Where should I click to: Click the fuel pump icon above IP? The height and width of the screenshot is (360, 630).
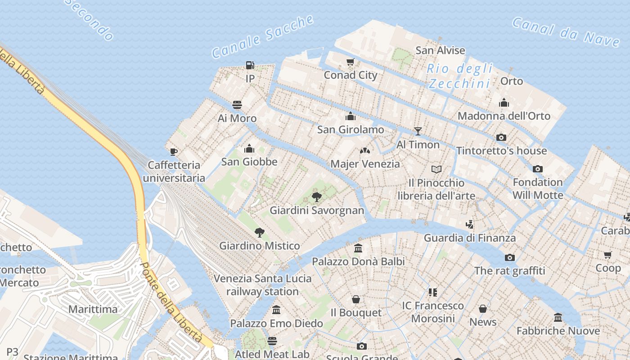point(250,65)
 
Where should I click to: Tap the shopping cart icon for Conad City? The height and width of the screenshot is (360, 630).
point(351,62)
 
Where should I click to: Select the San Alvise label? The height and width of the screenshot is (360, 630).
point(440,50)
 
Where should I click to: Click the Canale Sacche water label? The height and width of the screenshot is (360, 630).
point(263,36)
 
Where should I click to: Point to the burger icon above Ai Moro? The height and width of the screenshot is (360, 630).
point(237,105)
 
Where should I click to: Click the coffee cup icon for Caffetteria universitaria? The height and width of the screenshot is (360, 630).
point(174,151)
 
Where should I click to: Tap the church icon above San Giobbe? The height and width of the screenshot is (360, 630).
point(249,148)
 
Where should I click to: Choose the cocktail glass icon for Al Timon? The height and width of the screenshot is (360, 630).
point(418,131)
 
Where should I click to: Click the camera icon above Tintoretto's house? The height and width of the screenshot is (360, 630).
point(501,137)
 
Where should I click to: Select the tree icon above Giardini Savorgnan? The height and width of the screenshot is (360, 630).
point(317,197)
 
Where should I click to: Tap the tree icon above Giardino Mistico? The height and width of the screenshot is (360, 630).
point(259,232)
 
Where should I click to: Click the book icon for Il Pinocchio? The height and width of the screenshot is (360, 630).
point(436,169)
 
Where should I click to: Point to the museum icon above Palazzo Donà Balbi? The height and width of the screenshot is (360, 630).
point(358,248)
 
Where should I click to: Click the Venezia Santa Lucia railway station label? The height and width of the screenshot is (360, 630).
point(262,285)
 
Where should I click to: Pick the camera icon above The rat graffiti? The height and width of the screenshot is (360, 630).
point(509,257)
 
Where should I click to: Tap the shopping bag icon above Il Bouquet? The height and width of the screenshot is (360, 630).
point(356,299)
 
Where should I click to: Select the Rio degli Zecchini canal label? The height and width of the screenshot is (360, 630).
point(459,76)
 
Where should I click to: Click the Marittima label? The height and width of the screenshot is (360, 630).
point(93,309)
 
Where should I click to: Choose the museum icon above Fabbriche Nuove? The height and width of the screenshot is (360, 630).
point(558,318)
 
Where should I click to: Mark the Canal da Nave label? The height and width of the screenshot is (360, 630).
point(566,31)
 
